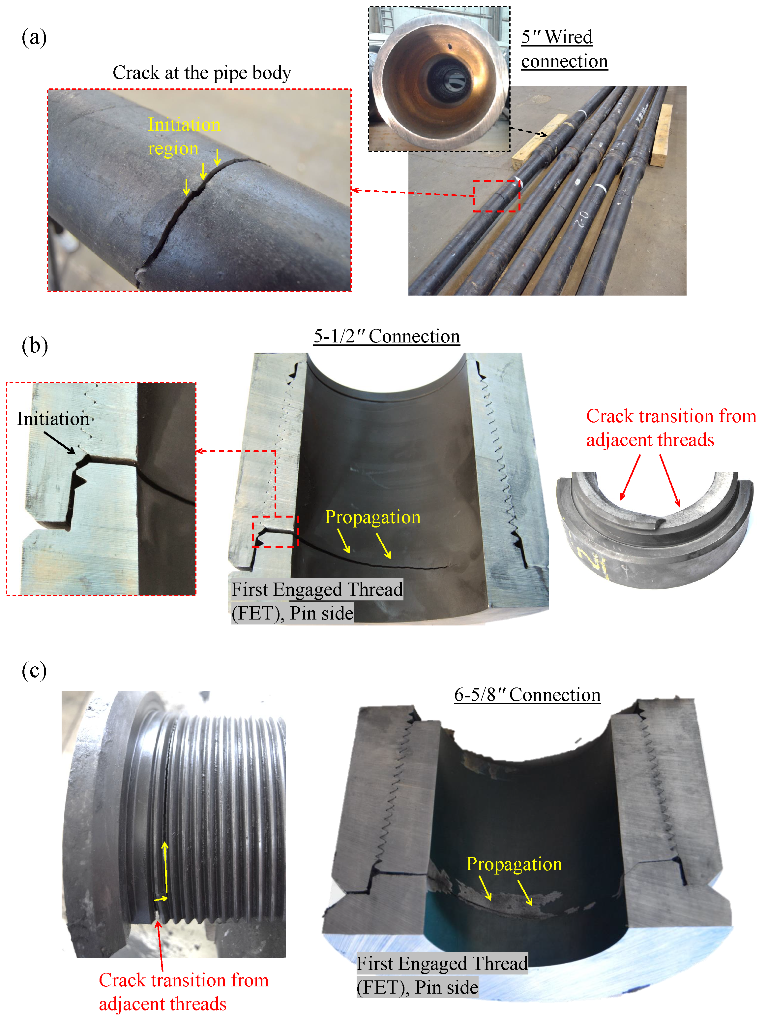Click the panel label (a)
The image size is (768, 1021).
[x=34, y=37]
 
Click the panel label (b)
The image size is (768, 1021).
[x=35, y=346]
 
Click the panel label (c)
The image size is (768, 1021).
[x=34, y=671]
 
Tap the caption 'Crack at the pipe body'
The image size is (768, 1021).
[x=202, y=73]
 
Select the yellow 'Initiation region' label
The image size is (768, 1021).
[x=184, y=137]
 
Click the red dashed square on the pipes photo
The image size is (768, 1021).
[x=496, y=196]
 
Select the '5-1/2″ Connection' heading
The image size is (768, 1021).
[x=387, y=336]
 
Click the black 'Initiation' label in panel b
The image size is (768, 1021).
[x=53, y=419]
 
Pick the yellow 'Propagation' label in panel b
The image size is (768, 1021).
[x=373, y=517]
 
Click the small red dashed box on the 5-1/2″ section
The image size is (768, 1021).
[x=275, y=532]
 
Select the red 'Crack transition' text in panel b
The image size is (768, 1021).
[x=671, y=428]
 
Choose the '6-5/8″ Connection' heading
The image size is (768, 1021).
[x=527, y=695]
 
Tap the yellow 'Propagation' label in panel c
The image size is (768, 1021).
[x=514, y=864]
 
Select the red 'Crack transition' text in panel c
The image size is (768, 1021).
[x=184, y=992]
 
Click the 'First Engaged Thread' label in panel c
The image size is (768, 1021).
[x=442, y=975]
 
